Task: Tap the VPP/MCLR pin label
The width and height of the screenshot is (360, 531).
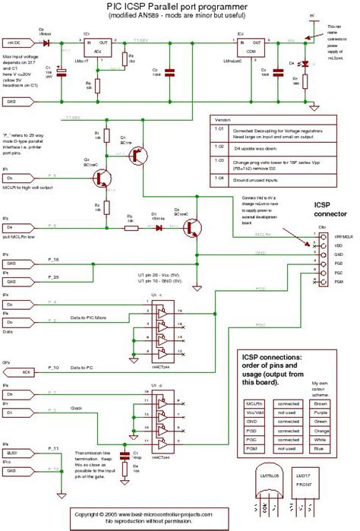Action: pyautogui.click(x=343, y=237)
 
